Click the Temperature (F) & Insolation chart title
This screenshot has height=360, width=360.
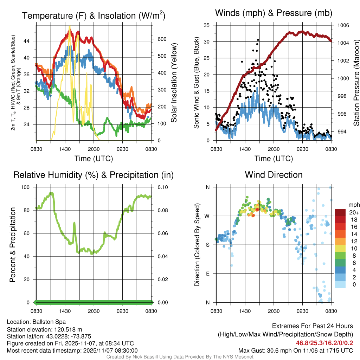[x=94, y=16]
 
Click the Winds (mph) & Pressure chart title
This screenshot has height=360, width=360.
[x=274, y=13]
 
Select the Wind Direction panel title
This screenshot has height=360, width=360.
[x=274, y=175]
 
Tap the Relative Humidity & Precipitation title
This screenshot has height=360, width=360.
[x=94, y=175]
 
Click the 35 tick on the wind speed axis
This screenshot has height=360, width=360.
[x=206, y=25]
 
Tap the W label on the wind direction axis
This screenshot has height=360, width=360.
[x=207, y=216]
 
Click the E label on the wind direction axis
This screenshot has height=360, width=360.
[x=208, y=274]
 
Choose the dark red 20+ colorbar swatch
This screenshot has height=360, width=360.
[x=341, y=212]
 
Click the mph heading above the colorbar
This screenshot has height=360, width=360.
[x=353, y=205]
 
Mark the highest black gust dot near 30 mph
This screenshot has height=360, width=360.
[x=258, y=40]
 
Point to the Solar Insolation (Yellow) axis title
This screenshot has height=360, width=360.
[x=174, y=83]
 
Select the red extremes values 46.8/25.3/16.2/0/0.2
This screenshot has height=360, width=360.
[x=324, y=343]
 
